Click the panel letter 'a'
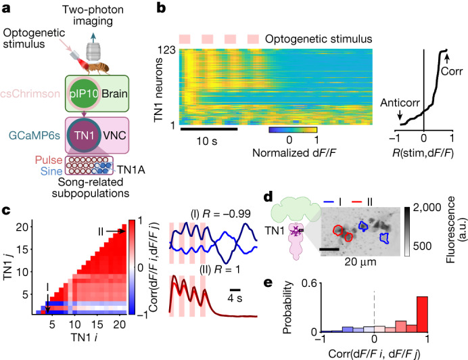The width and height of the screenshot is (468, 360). (x=8, y=10)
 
